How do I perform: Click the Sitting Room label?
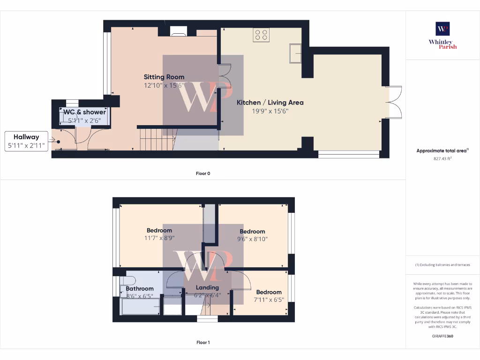pyautogui.click(x=164, y=77)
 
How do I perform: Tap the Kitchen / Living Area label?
pyautogui.click(x=270, y=102)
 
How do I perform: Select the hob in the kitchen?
pyautogui.click(x=261, y=34)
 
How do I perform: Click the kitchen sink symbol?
pyautogui.click(x=296, y=52)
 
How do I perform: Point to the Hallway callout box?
pyautogui.click(x=26, y=141)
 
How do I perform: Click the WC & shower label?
pyautogui.click(x=85, y=112)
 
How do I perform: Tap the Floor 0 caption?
pyautogui.click(x=203, y=173)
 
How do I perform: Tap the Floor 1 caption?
pyautogui.click(x=203, y=343)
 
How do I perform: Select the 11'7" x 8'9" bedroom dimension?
pyautogui.click(x=159, y=238)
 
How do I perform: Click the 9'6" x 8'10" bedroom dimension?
pyautogui.click(x=252, y=239)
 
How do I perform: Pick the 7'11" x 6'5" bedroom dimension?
pyautogui.click(x=269, y=299)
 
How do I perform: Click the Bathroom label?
pyautogui.click(x=140, y=288)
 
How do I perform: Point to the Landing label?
pyautogui.click(x=207, y=287)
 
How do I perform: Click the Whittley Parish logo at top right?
pyautogui.click(x=442, y=36)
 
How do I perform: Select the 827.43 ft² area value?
pyautogui.click(x=442, y=158)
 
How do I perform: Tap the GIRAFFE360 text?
pyautogui.click(x=442, y=336)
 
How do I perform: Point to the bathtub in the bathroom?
pyautogui.click(x=141, y=307)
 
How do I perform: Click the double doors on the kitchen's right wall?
pyautogui.click(x=395, y=102)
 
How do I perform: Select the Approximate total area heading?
pyautogui.click(x=442, y=150)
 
